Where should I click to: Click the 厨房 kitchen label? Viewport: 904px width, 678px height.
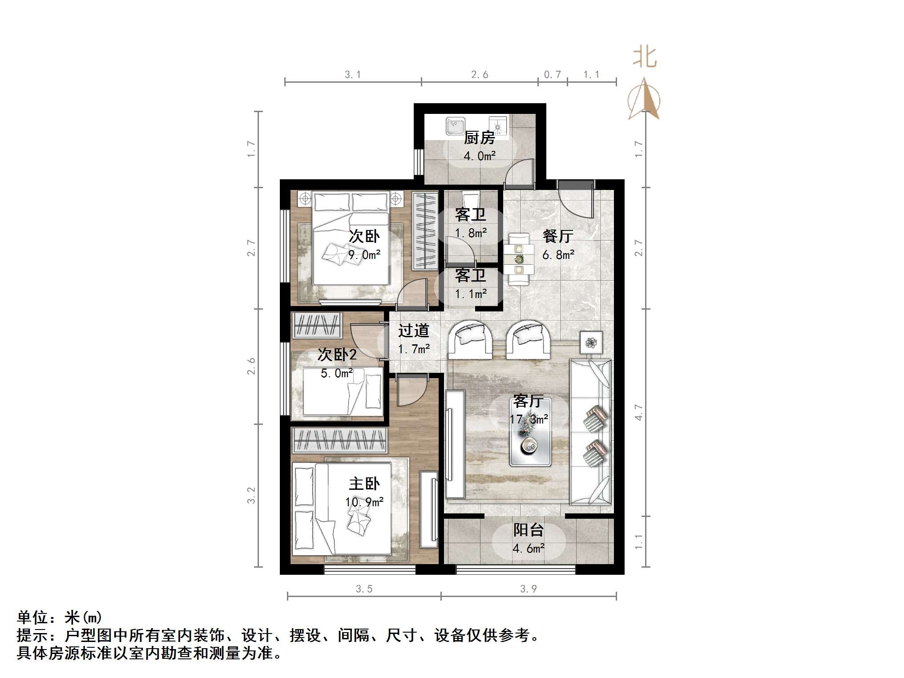(479, 138)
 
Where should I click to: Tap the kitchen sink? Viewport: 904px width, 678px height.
(456, 126)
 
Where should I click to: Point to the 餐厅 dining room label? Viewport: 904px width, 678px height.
(558, 236)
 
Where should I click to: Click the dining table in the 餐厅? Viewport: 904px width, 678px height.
(519, 259)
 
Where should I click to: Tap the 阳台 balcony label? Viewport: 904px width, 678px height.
(529, 530)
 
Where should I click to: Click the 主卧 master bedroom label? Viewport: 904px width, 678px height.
(364, 484)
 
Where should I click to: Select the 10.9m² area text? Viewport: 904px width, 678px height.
(364, 502)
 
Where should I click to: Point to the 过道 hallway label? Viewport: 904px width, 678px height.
(414, 331)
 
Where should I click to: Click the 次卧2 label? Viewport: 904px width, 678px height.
(337, 355)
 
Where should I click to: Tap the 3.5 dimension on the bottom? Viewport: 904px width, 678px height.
(364, 589)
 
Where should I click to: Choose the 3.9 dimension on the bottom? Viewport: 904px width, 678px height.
(529, 589)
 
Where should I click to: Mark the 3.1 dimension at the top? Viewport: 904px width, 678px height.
(353, 75)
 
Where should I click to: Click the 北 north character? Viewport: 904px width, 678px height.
(645, 58)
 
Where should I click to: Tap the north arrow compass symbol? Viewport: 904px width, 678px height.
(644, 100)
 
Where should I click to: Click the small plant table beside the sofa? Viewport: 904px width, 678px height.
(591, 343)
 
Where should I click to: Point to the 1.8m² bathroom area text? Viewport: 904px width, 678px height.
(471, 233)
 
